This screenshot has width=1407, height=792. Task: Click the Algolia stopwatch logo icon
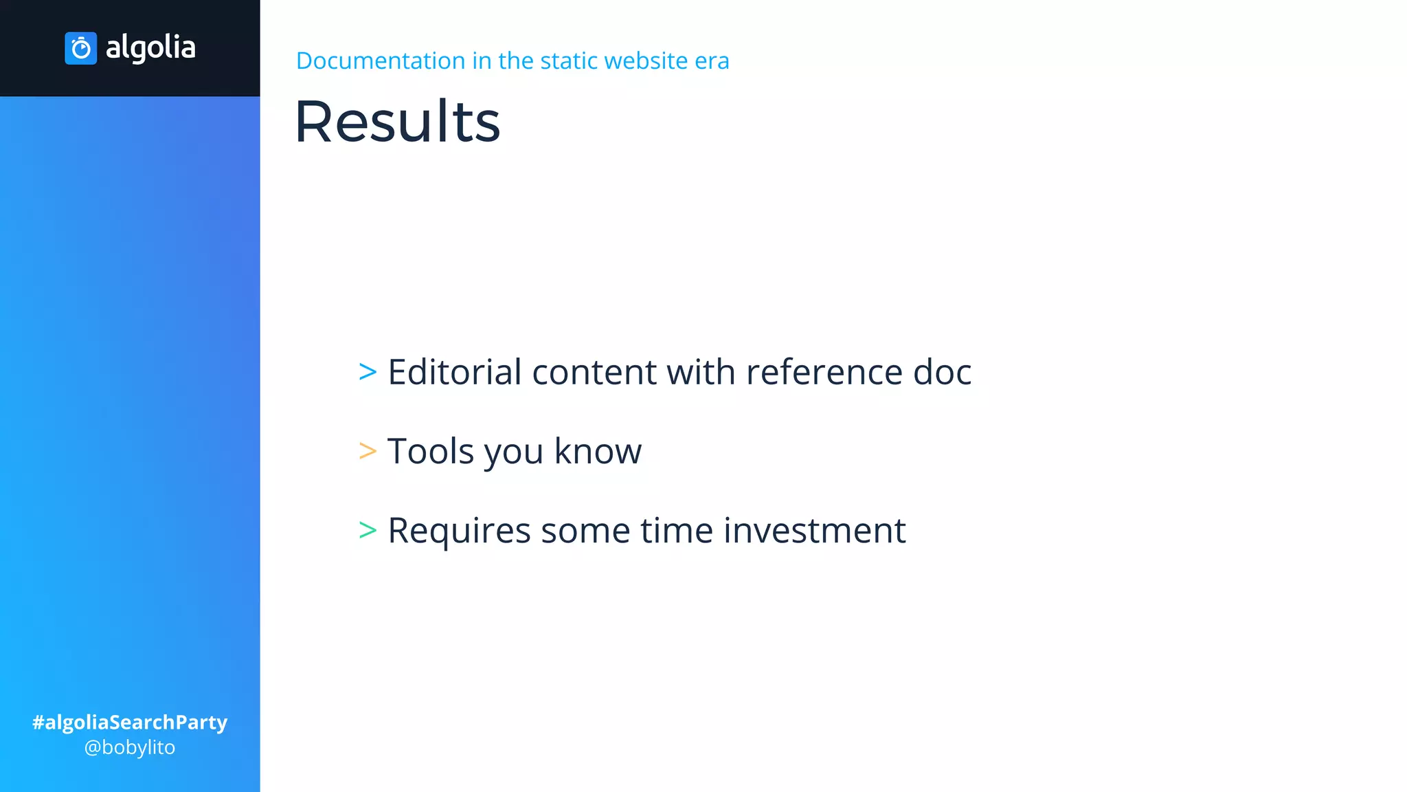point(80,48)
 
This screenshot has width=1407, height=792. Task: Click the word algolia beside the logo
point(150,47)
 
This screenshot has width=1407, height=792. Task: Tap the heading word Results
point(397,122)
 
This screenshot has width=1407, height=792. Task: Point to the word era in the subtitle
point(712,60)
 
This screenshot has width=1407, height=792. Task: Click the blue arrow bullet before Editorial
point(368,372)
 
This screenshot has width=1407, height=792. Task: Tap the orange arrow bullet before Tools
point(368,451)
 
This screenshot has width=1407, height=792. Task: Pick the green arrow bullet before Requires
point(368,530)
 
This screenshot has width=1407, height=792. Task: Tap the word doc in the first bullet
point(942,372)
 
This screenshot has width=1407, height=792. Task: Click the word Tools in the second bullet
point(431,451)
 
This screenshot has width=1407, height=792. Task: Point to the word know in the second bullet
point(598,451)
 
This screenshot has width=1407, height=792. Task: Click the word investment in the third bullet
point(814,531)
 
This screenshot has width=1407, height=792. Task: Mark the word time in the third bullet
point(677,531)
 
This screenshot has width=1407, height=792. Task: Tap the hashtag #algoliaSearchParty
point(130,722)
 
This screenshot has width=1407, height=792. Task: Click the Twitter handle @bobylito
point(130,747)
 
